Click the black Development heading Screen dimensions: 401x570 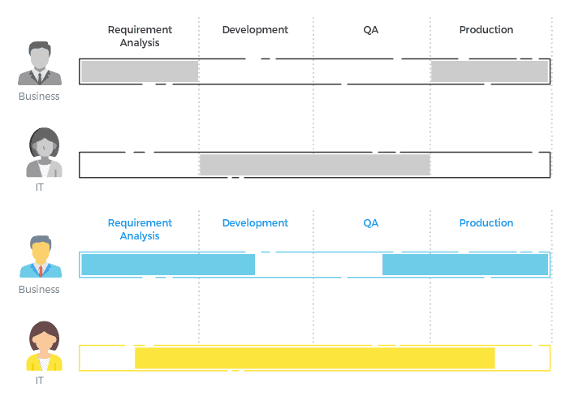pyautogui.click(x=255, y=30)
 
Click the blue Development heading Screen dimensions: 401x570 pyautogui.click(x=255, y=223)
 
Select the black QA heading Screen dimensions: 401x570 pyautogui.click(x=371, y=30)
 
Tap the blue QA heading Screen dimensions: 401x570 pyautogui.click(x=371, y=223)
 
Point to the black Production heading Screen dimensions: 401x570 pyautogui.click(x=486, y=30)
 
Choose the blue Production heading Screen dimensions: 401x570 pyautogui.click(x=486, y=223)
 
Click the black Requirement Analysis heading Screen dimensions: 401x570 pyautogui.click(x=140, y=37)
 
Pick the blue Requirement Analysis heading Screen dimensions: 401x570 pyautogui.click(x=140, y=230)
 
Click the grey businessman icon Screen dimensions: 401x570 pyautogui.click(x=40, y=65)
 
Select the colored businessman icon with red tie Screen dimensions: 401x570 pyautogui.click(x=40, y=257)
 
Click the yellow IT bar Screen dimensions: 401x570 pyautogui.click(x=314, y=358)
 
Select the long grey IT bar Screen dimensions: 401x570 pyautogui.click(x=314, y=165)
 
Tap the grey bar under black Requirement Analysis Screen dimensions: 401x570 pyautogui.click(x=140, y=71)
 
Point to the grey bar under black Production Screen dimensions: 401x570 pyautogui.click(x=490, y=71)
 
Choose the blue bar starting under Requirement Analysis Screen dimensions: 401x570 pyautogui.click(x=168, y=265)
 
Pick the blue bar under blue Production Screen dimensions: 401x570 pyautogui.click(x=465, y=265)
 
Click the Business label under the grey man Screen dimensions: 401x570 pyautogui.click(x=40, y=97)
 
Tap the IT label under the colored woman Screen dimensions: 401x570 pyautogui.click(x=40, y=380)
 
